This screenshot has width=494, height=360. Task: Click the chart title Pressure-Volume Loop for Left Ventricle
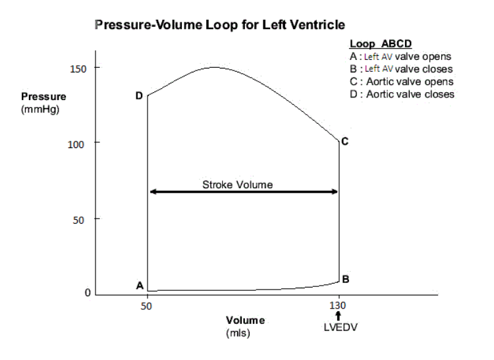220,25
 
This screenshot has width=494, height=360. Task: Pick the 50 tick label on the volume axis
147,306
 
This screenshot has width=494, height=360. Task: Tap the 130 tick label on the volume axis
338,306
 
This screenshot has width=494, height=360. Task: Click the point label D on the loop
138,96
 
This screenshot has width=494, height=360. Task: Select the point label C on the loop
344,141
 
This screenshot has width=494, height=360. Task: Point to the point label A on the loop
139,285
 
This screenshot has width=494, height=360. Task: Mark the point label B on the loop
345,279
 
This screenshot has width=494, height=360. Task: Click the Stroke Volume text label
237,184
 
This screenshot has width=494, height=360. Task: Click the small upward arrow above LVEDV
338,317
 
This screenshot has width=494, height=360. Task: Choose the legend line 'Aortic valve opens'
402,82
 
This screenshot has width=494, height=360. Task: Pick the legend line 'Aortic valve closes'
402,94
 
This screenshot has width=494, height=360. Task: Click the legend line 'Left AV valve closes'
401,69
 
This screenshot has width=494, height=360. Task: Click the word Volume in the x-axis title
245,321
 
